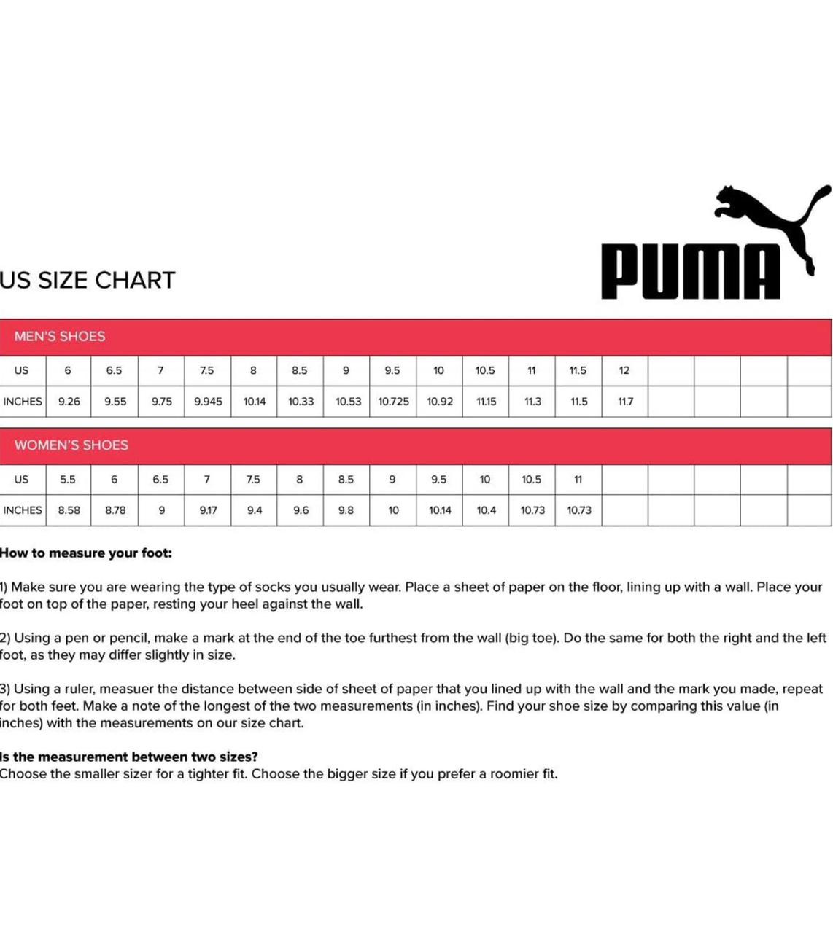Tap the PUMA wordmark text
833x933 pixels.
pyautogui.click(x=689, y=273)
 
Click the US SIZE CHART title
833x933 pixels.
pyautogui.click(x=88, y=281)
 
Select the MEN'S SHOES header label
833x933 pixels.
pyautogui.click(x=60, y=337)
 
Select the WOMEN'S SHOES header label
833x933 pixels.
pyautogui.click(x=71, y=445)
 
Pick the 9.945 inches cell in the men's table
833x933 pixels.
pyautogui.click(x=208, y=402)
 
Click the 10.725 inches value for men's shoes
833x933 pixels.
pyautogui.click(x=393, y=402)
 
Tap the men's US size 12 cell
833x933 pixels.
pyautogui.click(x=624, y=370)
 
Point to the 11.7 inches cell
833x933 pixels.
pyautogui.click(x=625, y=402)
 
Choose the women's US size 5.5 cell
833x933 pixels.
pyautogui.click(x=68, y=480)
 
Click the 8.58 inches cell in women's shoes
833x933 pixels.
pyautogui.click(x=69, y=510)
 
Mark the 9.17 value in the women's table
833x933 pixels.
pyautogui.click(x=208, y=510)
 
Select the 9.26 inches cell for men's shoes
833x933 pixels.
pyautogui.click(x=69, y=402)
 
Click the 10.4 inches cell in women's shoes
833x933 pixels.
pyautogui.click(x=486, y=510)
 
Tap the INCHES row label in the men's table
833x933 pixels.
pyautogui.click(x=23, y=402)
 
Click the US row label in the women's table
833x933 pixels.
pyautogui.click(x=21, y=480)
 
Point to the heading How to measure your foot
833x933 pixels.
pyautogui.click(x=86, y=553)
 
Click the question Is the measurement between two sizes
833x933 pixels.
pyautogui.click(x=129, y=757)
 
